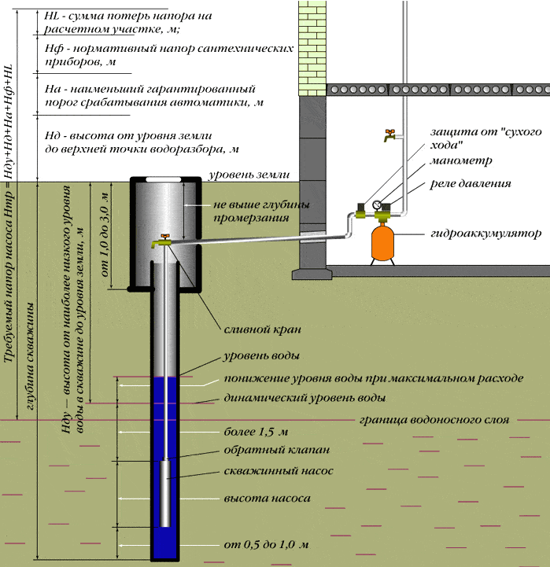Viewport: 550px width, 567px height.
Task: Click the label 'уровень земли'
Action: [246, 175]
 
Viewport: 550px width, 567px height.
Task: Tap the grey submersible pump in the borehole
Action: [166, 493]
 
